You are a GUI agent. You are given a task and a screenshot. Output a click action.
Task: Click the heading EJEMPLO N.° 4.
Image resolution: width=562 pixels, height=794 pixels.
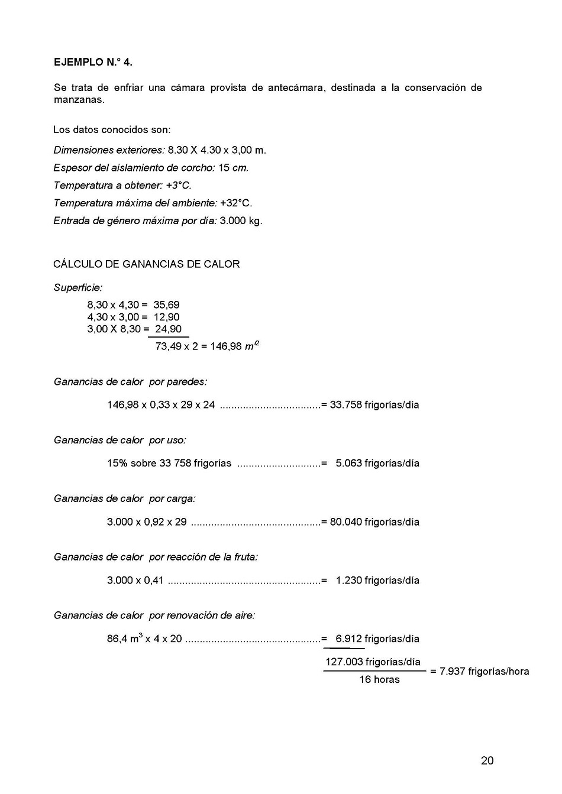pos(93,61)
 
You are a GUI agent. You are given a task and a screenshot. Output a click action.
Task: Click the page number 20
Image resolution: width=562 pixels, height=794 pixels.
pos(487,760)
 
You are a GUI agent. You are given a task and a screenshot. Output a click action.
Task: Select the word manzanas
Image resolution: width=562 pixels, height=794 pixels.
pos(79,99)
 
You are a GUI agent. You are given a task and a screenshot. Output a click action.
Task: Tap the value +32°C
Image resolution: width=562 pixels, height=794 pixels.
pos(236,203)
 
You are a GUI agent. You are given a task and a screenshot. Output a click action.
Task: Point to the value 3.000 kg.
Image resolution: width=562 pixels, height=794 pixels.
pos(241,221)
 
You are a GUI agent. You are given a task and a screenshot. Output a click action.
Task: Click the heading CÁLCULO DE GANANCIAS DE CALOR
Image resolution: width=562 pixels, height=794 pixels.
pos(146,264)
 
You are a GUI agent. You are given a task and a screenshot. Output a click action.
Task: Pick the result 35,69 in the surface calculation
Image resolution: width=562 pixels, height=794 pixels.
pos(166,304)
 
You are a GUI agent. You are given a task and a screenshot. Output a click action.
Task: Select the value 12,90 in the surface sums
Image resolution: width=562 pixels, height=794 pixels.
pos(166,317)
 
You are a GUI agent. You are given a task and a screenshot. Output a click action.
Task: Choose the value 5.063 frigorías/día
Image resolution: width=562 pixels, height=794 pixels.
pos(377,463)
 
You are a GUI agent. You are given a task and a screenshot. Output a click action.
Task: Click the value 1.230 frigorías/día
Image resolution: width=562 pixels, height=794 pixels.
pos(377,580)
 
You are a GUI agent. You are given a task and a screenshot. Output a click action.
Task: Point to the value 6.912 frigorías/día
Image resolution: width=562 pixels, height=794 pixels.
pos(377,639)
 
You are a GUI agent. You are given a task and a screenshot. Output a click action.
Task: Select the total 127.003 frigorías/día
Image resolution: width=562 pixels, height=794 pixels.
pos(373,662)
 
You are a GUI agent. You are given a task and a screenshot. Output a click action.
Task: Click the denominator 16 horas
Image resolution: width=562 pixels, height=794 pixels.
pos(379,679)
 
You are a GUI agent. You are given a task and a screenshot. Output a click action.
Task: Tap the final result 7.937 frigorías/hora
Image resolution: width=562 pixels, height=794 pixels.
pos(484,671)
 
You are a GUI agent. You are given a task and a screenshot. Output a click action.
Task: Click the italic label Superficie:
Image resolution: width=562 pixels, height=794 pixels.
pos(77,287)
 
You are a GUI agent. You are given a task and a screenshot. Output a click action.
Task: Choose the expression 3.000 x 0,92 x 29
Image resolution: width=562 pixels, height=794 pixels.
pos(147,521)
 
